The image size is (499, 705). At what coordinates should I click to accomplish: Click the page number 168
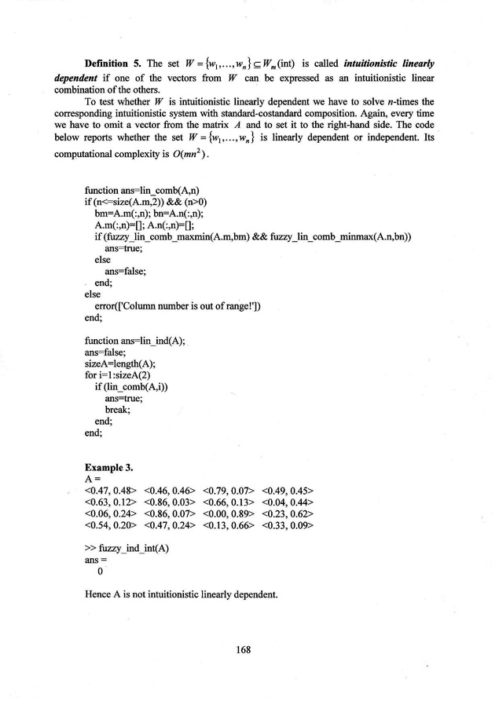tap(250, 648)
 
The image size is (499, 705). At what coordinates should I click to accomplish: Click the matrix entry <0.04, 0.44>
tap(288, 502)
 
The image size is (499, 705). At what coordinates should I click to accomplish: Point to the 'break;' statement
tap(118, 409)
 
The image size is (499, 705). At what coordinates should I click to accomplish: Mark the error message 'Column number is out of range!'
tap(180, 306)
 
